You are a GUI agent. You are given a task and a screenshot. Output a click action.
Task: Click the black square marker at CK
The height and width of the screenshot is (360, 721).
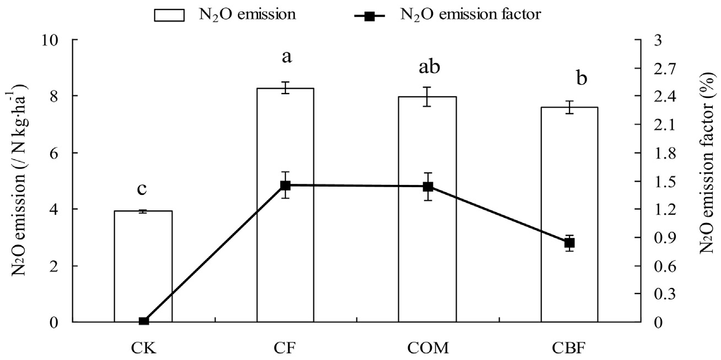143,321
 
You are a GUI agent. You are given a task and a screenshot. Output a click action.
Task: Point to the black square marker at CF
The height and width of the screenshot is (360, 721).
285,186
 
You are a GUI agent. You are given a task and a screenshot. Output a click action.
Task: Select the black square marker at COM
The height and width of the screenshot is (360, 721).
427,187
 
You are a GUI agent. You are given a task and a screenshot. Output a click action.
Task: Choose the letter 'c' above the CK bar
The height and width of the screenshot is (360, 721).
142,189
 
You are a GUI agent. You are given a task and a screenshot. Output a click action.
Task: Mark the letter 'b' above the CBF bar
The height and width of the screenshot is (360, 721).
582,78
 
